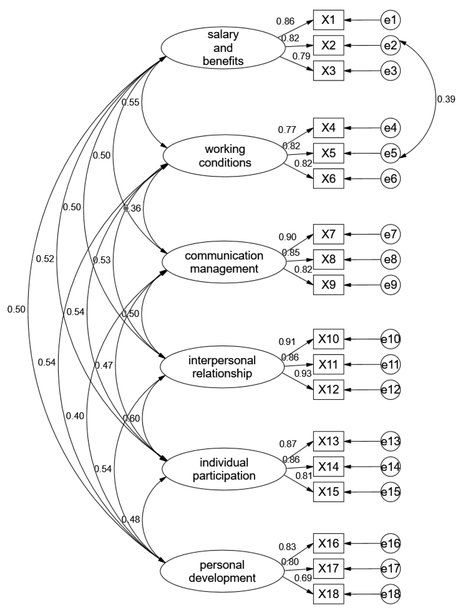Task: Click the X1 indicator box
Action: click(328, 20)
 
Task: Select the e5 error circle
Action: click(390, 153)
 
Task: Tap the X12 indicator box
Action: click(328, 389)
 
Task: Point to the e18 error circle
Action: click(390, 594)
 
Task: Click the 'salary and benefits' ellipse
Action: click(223, 48)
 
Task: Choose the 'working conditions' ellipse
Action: click(225, 156)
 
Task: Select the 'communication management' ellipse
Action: click(224, 262)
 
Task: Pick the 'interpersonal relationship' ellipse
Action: click(222, 367)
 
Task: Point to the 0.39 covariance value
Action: click(446, 99)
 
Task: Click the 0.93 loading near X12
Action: click(303, 373)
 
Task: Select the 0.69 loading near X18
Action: click(303, 578)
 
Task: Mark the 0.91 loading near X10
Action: click(287, 342)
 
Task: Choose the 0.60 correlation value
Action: click(131, 418)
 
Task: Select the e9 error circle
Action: click(390, 285)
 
